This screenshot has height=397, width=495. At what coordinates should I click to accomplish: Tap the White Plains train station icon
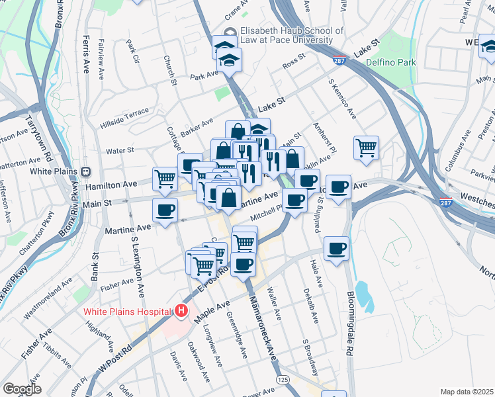85,171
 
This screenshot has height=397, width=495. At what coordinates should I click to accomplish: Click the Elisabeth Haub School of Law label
291,35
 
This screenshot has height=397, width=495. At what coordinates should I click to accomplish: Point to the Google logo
22,389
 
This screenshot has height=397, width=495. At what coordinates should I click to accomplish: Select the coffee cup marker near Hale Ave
337,249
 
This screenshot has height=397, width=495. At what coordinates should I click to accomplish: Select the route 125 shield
283,379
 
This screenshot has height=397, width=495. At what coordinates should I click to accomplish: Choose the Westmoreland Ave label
48,298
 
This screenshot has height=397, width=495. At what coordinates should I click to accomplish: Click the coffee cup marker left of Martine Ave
164,210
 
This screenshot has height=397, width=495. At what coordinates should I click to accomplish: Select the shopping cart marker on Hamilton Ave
165,177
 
